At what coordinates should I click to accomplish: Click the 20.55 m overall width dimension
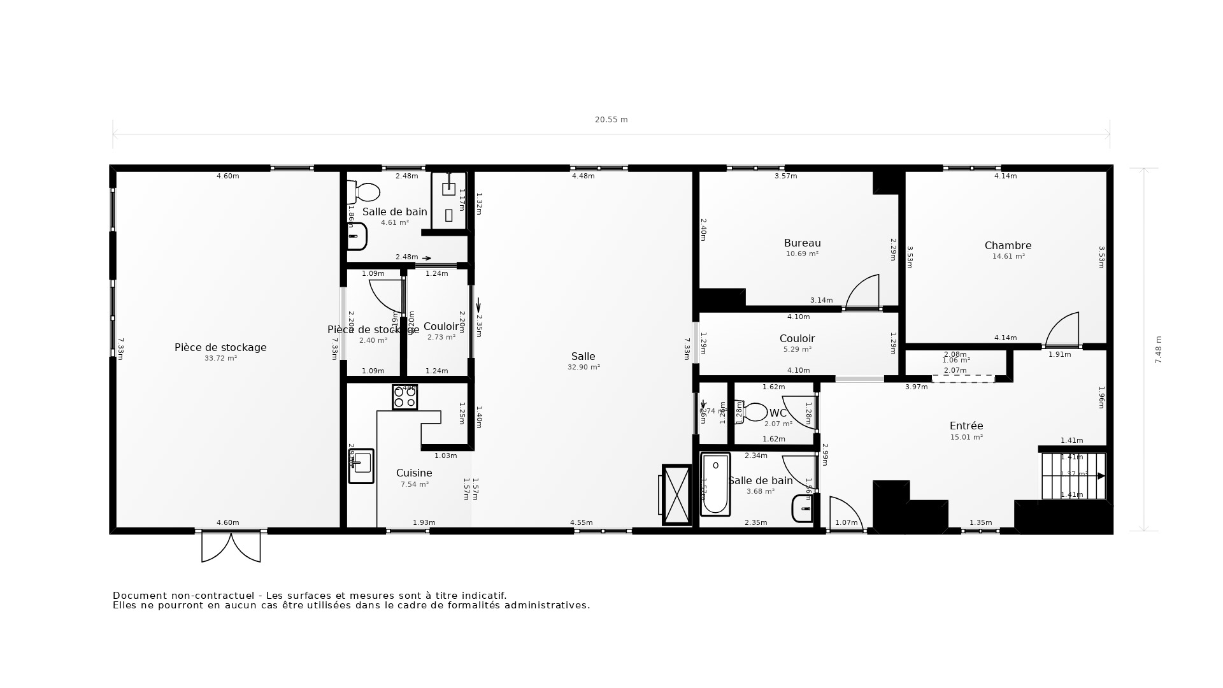(x=611, y=120)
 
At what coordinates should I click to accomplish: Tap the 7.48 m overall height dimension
(x=1159, y=350)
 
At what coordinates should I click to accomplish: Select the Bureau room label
(x=802, y=243)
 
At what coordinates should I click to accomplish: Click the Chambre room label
(x=1008, y=245)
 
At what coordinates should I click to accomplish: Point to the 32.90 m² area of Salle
(x=583, y=367)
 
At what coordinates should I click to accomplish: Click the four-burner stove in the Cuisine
(x=404, y=397)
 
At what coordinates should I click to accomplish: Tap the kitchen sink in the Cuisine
(x=361, y=466)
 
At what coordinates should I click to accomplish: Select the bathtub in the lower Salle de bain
(x=715, y=484)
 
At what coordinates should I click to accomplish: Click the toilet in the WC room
(x=752, y=412)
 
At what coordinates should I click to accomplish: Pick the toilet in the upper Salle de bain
(x=364, y=192)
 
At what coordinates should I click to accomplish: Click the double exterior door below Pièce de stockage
(x=231, y=547)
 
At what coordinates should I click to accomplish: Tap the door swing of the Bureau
(x=864, y=292)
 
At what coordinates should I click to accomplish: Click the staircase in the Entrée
(x=1073, y=476)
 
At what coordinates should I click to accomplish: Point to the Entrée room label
(x=966, y=426)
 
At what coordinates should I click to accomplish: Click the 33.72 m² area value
(x=220, y=358)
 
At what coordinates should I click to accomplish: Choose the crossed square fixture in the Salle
(x=676, y=494)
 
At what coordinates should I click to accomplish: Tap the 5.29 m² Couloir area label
(x=797, y=349)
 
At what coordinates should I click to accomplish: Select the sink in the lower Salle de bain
(x=803, y=508)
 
